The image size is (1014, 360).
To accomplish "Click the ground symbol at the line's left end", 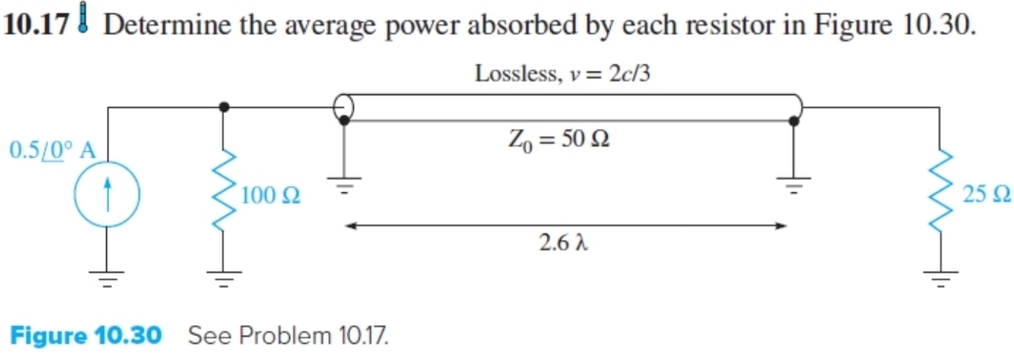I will point(344,185).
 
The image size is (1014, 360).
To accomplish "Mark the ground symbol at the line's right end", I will point(793,183).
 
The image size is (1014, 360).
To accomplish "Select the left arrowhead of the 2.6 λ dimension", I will point(347,226).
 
